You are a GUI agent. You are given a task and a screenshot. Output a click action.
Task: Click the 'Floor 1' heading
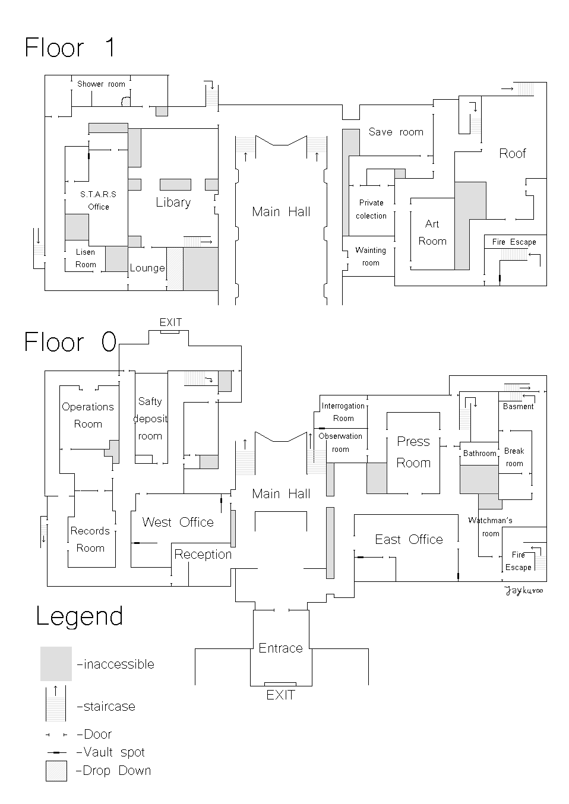point(69,48)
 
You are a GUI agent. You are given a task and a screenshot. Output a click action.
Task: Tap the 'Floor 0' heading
point(69,343)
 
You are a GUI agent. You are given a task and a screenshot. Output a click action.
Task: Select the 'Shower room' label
point(101,84)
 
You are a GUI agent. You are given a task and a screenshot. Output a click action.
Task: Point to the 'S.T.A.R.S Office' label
point(99,201)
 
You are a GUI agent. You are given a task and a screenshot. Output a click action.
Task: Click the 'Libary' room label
point(173,202)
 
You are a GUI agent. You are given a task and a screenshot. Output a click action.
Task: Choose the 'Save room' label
point(396,132)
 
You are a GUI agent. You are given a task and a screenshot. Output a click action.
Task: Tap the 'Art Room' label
point(432,232)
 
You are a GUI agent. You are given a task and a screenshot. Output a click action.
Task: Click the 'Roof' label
point(512,154)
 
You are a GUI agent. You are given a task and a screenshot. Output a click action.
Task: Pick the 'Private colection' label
point(371,209)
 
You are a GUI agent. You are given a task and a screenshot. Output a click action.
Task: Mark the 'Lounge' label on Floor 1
point(147,268)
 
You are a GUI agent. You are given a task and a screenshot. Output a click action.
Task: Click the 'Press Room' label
point(413,452)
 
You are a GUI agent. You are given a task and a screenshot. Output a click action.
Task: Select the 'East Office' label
point(409,539)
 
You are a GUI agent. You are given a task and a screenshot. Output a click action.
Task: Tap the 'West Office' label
point(178,522)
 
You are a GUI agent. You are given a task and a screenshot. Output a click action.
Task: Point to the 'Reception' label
point(203,554)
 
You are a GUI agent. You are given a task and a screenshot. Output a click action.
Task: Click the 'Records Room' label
point(90,539)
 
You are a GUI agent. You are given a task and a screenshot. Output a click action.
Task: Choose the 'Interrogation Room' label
point(343,412)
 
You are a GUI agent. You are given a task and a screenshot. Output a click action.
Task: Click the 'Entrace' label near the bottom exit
point(280,648)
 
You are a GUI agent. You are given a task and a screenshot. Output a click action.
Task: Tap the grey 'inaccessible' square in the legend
point(56,663)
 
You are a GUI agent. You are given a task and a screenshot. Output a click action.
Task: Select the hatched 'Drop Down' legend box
point(56,771)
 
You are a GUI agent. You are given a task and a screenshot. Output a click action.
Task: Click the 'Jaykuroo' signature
point(524,590)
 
